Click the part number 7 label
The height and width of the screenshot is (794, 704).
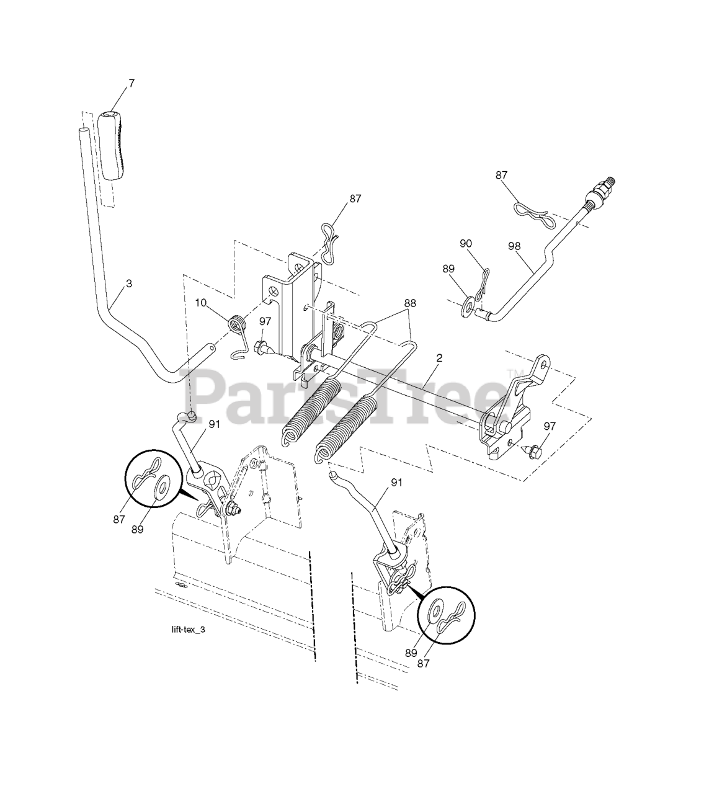tap(131, 83)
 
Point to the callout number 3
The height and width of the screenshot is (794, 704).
tap(128, 283)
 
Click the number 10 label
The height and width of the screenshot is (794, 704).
tap(200, 302)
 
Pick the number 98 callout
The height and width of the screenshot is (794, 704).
tap(514, 246)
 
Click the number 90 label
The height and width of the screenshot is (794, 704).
tap(466, 244)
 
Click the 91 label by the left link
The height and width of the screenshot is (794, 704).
tap(215, 425)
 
